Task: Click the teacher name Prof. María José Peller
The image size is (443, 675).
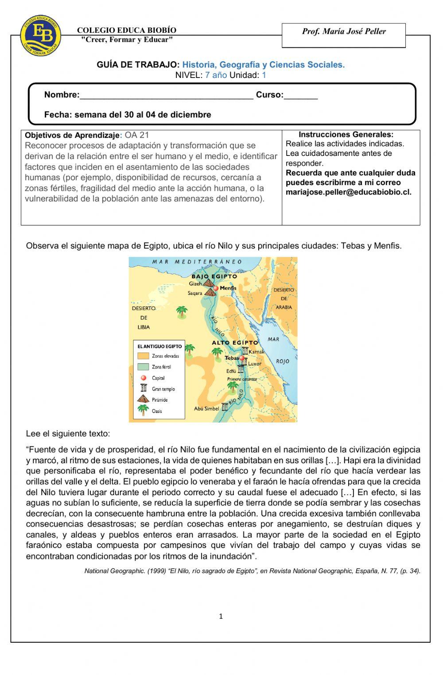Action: click(344, 31)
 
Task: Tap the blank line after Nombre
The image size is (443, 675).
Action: click(167, 95)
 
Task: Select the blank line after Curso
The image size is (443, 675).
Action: click(301, 95)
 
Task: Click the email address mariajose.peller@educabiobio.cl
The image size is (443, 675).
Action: click(348, 192)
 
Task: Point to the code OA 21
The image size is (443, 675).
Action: click(137, 135)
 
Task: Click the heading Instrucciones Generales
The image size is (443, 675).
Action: click(346, 134)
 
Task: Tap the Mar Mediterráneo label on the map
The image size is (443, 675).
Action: click(197, 262)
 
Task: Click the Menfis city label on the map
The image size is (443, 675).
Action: click(228, 288)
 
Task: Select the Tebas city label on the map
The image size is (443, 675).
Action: click(231, 358)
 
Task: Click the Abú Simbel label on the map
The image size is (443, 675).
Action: click(206, 408)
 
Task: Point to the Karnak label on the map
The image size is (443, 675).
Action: click(256, 352)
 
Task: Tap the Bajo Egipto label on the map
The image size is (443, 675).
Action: click(214, 276)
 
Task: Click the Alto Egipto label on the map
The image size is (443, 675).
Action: click(234, 343)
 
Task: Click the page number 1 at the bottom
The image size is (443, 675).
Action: click(221, 616)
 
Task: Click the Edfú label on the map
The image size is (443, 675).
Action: click(231, 371)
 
